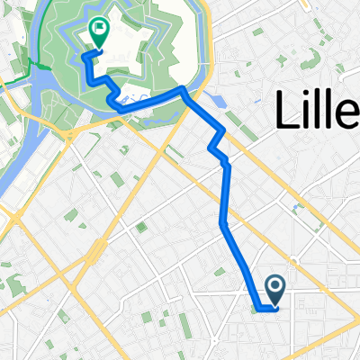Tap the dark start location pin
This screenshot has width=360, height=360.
[276, 289]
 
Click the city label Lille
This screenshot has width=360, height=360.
[314, 111]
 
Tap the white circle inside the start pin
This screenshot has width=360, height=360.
[276, 285]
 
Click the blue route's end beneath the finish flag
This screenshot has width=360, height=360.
[86, 55]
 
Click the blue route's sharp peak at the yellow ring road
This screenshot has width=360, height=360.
[183, 88]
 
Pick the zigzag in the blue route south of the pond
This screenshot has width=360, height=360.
[218, 144]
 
